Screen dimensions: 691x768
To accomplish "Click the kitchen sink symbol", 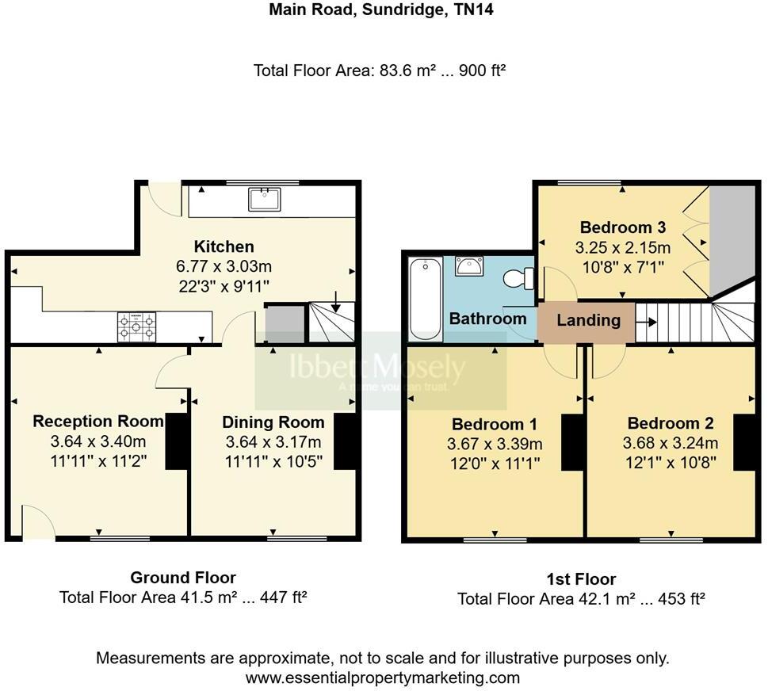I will click(x=264, y=199).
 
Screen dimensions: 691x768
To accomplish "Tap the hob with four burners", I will click(x=136, y=326).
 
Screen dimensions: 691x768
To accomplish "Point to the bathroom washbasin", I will click(x=471, y=267).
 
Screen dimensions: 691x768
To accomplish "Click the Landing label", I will click(x=588, y=320).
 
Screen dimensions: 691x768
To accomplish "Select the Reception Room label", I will click(x=98, y=422).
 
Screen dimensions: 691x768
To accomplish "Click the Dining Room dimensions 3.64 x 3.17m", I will click(x=273, y=441).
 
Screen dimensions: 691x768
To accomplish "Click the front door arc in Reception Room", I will click(x=37, y=524).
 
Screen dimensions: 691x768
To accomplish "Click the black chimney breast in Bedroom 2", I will click(x=743, y=442).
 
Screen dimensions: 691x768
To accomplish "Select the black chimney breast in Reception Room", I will click(x=178, y=442).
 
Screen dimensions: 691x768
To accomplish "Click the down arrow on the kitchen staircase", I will click(x=336, y=302).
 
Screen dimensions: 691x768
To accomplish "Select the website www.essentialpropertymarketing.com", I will click(x=383, y=678).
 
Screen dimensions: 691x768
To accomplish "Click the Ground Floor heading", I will click(x=183, y=578).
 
